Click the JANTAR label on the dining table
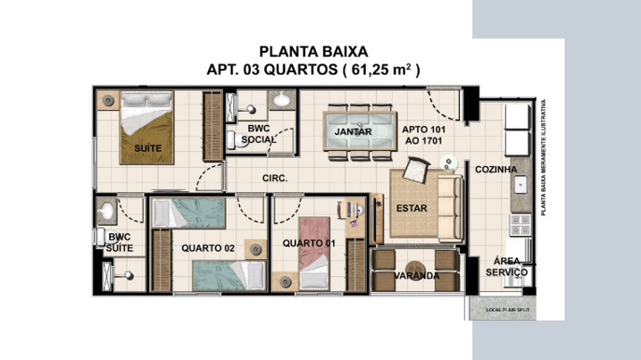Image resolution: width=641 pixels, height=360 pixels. coord(354,131)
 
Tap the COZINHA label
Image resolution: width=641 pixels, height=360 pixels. coord(495,170)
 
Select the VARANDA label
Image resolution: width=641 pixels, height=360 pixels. coord(417,276)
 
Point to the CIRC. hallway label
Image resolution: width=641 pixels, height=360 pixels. coord(275,179)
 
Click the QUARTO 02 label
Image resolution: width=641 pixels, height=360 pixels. coord(208,248)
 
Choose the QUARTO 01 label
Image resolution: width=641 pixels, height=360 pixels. coord(309,243)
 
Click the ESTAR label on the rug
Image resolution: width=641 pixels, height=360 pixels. coord(412,208)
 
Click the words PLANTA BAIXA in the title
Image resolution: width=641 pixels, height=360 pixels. coord(313,52)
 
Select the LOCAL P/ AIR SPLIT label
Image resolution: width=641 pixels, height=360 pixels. coord(507,310)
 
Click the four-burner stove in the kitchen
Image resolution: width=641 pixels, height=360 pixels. coord(520,224)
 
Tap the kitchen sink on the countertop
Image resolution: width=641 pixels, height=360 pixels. coord(520,185)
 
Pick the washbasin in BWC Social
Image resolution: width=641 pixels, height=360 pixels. coord(281,99)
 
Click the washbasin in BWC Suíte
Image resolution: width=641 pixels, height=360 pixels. coord(106,211)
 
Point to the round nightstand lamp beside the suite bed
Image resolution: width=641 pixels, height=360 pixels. coord(108,100)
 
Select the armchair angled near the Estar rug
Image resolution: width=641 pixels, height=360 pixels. coord(416,170)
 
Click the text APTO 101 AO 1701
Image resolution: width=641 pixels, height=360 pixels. coord(423,135)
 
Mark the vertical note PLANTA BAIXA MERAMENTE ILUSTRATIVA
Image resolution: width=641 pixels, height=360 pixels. coord(544,157)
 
